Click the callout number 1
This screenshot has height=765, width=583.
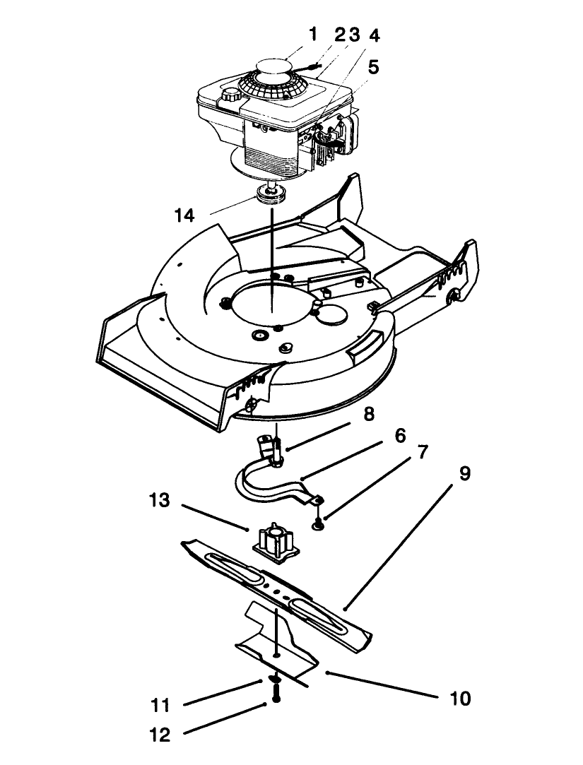tap(313, 35)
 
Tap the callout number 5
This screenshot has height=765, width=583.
tap(373, 67)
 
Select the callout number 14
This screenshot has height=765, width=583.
tap(184, 215)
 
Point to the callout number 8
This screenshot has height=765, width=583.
tap(368, 414)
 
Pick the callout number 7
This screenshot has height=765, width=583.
tap(422, 453)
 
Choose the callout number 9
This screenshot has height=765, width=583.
tap(464, 473)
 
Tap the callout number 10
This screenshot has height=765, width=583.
tap(459, 699)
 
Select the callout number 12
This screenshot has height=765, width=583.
tap(160, 735)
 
